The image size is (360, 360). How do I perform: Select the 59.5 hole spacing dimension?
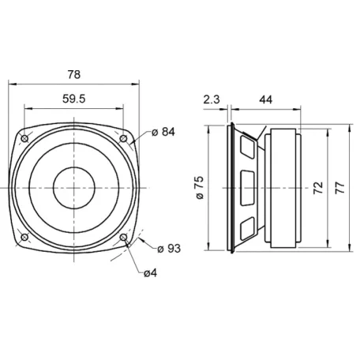pyautogui.click(x=73, y=100)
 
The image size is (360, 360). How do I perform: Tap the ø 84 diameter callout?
pyautogui.click(x=161, y=132)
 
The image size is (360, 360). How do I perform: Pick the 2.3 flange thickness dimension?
pyautogui.click(x=211, y=100)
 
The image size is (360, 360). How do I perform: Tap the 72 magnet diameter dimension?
pyautogui.click(x=317, y=188)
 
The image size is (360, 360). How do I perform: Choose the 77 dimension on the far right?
pyautogui.click(x=339, y=188)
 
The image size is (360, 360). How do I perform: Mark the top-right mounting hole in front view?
pyautogui.click(x=123, y=139)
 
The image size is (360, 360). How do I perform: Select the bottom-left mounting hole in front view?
pyautogui.click(x=25, y=237)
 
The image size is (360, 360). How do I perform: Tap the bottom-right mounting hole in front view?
pyautogui.click(x=123, y=237)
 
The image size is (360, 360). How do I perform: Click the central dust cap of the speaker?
pyautogui.click(x=74, y=188)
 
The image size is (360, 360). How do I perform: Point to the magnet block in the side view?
pyautogui.click(x=283, y=188)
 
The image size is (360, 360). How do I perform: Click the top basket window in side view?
pyautogui.click(x=247, y=145)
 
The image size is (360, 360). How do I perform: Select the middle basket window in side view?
pyautogui.click(x=247, y=188)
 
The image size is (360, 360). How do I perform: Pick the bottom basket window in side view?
pyautogui.click(x=247, y=230)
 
